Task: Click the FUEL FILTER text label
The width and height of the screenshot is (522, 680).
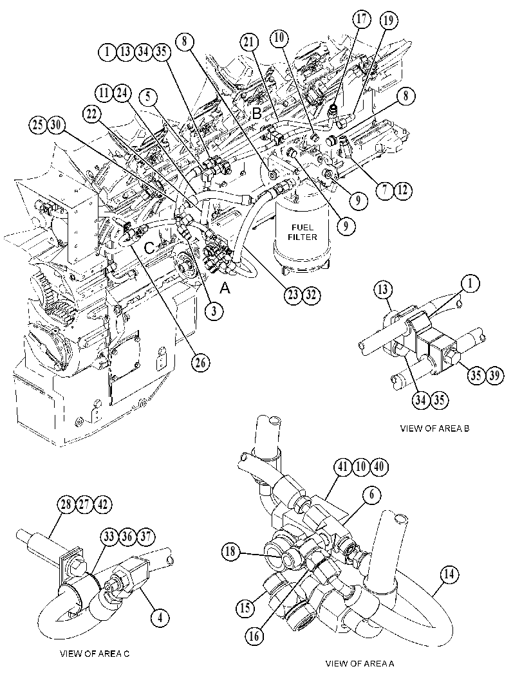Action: (303, 232)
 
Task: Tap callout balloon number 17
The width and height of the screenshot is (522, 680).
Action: (362, 19)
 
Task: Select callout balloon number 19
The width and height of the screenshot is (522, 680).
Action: (388, 21)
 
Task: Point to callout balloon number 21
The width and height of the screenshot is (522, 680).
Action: (250, 42)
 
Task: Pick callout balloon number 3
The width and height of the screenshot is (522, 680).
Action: (214, 311)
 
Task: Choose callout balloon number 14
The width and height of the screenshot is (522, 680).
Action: (449, 574)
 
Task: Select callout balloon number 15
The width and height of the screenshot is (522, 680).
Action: (245, 607)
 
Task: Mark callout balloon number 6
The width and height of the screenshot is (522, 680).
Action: (372, 495)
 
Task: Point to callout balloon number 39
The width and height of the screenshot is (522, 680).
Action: (494, 374)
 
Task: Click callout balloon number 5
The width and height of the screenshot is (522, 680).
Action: (149, 96)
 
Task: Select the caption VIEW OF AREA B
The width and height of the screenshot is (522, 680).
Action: (434, 428)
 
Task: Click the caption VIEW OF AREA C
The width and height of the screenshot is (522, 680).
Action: (94, 654)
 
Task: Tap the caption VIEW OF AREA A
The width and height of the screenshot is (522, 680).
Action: (360, 663)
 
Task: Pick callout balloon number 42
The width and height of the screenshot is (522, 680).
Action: (103, 505)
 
